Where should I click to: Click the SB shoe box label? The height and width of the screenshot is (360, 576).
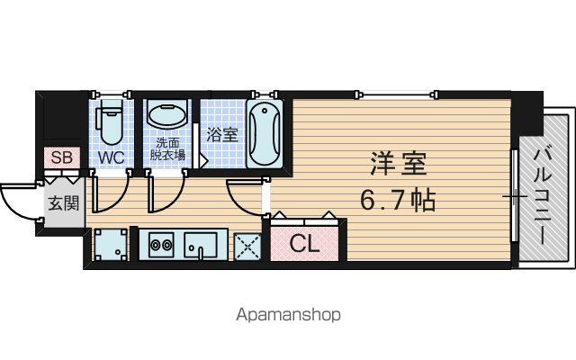pyautogui.click(x=62, y=157)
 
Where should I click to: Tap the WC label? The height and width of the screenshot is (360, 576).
pyautogui.click(x=112, y=157)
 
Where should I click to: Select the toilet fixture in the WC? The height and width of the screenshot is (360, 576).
pyautogui.click(x=109, y=123)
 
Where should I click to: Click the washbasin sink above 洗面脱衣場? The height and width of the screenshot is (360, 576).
pyautogui.click(x=166, y=115)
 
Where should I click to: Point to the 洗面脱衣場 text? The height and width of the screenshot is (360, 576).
pyautogui.click(x=167, y=148)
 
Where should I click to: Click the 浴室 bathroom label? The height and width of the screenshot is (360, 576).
pyautogui.click(x=222, y=134)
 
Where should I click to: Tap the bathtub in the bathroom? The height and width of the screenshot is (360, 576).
pyautogui.click(x=265, y=134)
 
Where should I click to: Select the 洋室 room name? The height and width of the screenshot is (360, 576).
pyautogui.click(x=399, y=164)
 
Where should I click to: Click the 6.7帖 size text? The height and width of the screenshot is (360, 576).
pyautogui.click(x=398, y=200)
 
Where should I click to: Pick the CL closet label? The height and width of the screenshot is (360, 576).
pyautogui.click(x=304, y=243)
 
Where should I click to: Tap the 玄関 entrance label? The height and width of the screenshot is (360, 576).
pyautogui.click(x=64, y=202)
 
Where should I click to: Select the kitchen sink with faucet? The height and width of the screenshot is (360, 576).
pyautogui.click(x=201, y=245)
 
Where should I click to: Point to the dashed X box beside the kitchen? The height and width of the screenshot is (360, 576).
pyautogui.click(x=247, y=247)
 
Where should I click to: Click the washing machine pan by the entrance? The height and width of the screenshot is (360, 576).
pyautogui.click(x=111, y=244)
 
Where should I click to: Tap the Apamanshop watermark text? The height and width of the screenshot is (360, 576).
pyautogui.click(x=288, y=315)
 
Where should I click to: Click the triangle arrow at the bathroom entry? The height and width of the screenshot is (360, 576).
pyautogui.click(x=203, y=161)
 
